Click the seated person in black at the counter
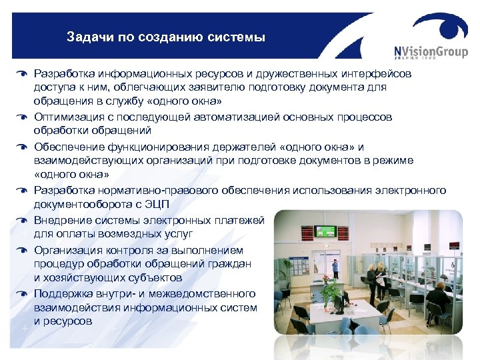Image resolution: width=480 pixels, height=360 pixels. click(437, 298)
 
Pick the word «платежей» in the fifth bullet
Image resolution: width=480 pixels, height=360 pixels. click(241, 220)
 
